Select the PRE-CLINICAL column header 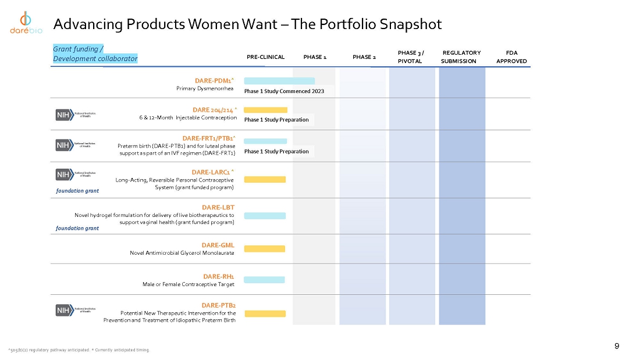click(x=265, y=57)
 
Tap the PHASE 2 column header click(x=364, y=57)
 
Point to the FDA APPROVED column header click(x=512, y=57)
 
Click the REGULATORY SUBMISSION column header click(x=461, y=57)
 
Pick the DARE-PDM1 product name click(x=215, y=80)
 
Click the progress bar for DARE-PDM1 click(x=279, y=81)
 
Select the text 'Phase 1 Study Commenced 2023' click(x=284, y=91)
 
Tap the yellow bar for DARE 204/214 click(x=265, y=109)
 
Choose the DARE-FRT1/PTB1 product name click(x=209, y=138)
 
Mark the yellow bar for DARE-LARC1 click(x=265, y=179)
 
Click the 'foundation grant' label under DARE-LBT click(x=77, y=228)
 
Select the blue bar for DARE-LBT click(x=265, y=215)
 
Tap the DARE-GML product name click(x=218, y=245)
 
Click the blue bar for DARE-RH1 click(x=264, y=280)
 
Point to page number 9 click(x=617, y=347)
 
